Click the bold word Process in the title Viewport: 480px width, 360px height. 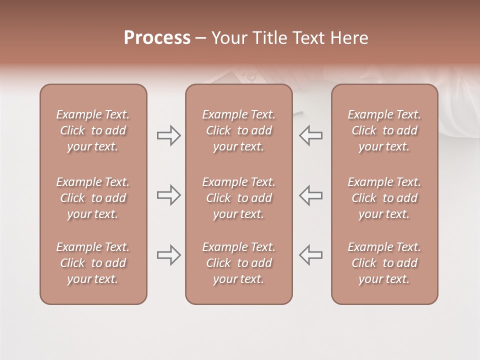(x=157, y=38)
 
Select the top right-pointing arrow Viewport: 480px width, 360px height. (x=168, y=135)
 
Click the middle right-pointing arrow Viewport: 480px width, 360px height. (x=168, y=195)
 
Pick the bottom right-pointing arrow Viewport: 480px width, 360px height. (x=168, y=255)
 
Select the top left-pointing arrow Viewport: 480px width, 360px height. (x=311, y=135)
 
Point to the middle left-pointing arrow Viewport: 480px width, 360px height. (x=311, y=195)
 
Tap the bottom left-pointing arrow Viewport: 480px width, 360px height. (x=311, y=255)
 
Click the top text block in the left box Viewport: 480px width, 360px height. (x=93, y=130)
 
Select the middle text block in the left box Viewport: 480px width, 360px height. (x=93, y=198)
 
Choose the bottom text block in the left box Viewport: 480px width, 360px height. (x=93, y=263)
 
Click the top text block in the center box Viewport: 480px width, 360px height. (x=239, y=130)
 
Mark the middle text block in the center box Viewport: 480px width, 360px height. (x=239, y=198)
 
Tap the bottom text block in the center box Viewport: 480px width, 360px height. (x=239, y=263)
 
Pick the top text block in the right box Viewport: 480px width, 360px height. (x=384, y=130)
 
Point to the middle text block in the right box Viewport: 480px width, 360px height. (x=384, y=198)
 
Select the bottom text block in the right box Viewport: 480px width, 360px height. (x=384, y=263)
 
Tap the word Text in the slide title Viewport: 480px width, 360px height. (x=306, y=38)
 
